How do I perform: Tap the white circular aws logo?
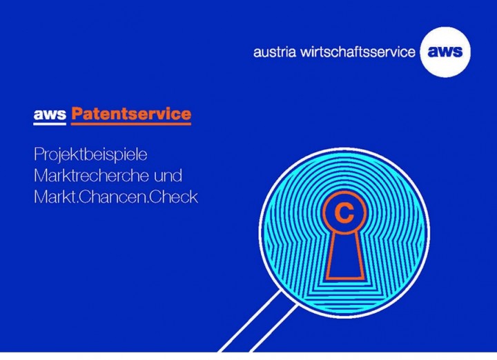coord(445,51)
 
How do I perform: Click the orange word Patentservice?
coord(131,113)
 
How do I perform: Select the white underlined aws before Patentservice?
coord(50,114)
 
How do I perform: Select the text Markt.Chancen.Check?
coord(115,197)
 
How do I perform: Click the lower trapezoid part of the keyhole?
coord(344,259)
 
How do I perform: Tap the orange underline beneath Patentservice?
coord(131,124)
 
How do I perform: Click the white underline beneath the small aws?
coord(50,124)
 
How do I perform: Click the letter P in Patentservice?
coord(77,113)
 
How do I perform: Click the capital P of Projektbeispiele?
coord(39,152)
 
